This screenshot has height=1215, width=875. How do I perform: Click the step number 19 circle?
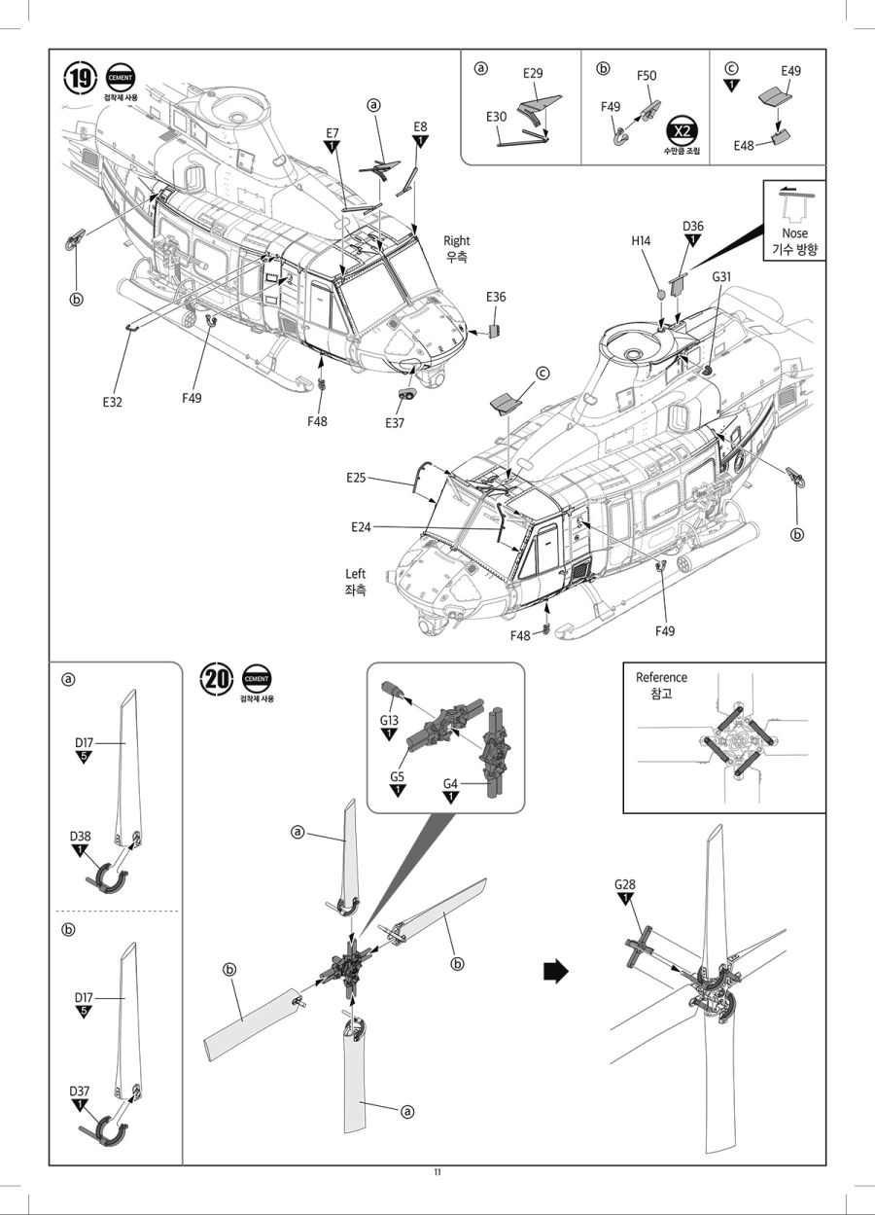82,79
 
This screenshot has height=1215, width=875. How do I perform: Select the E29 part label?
533,74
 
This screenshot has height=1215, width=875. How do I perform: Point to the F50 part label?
647,76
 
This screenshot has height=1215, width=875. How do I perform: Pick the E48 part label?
747,146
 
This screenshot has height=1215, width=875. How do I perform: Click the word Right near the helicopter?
456,240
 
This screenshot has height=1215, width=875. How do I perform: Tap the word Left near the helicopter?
356,574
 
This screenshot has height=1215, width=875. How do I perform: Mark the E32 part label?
113,400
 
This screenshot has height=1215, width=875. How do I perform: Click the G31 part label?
721,277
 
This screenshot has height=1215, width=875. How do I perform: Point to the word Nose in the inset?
794,233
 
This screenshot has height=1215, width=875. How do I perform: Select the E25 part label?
356,478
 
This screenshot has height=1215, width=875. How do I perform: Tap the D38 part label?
81,837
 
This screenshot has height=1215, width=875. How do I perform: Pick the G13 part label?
389,720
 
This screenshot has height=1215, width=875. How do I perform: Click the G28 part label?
625,884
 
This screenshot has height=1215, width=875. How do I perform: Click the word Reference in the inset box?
661,677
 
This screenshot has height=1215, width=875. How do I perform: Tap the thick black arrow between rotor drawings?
554,972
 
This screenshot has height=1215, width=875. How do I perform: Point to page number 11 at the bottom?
437,1171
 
